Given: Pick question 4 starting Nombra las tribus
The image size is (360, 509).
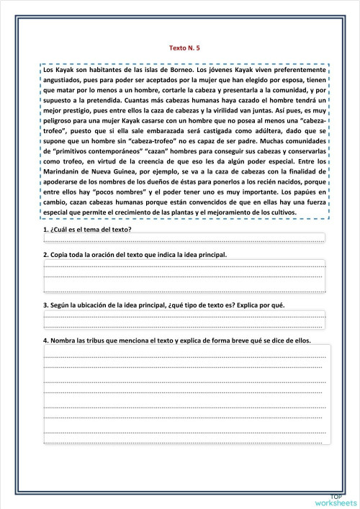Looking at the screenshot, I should tap(176, 341).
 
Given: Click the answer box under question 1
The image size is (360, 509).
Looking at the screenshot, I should tap(184, 238).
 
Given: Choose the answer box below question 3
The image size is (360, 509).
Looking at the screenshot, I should tap(184, 320).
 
